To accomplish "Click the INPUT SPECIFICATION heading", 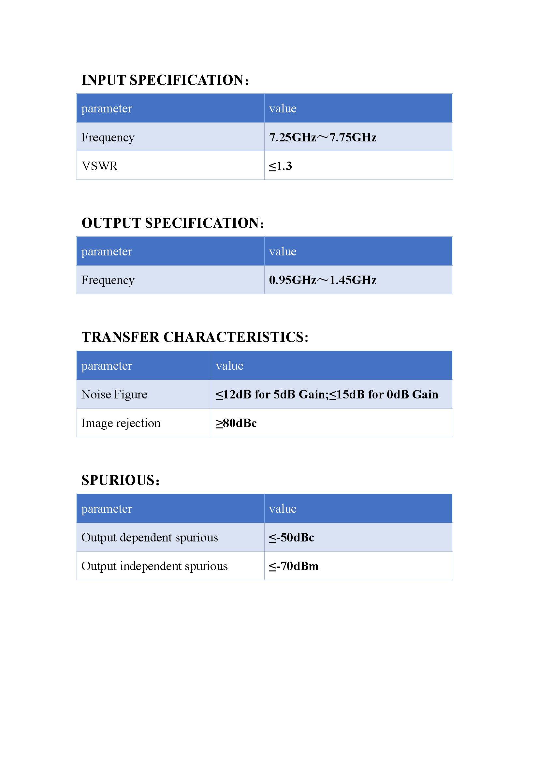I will click(165, 80).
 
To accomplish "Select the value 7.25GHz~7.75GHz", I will click(323, 137).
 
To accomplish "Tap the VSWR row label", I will click(100, 166).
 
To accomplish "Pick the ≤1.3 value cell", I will click(281, 166).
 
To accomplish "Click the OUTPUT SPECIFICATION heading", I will click(173, 223).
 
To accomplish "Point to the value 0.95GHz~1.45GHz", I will click(323, 280).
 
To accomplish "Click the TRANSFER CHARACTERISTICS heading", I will click(195, 337).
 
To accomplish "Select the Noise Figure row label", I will click(114, 394).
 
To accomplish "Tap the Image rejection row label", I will click(121, 423).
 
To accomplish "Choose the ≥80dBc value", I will click(236, 423).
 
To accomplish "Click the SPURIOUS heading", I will click(121, 480).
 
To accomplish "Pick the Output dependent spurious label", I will click(150, 537).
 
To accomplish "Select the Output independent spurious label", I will click(154, 566).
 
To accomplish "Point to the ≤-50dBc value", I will click(291, 537).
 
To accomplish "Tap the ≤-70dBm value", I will click(294, 566).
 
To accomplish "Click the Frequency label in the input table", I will click(108, 137).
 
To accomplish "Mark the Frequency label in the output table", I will click(108, 280).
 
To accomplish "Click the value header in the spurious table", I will click(283, 509).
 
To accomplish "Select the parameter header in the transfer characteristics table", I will click(107, 366).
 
